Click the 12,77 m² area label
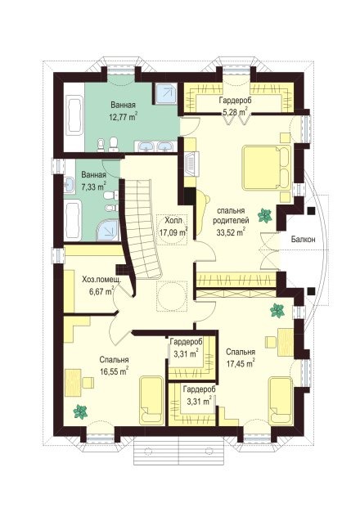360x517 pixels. point(123,117)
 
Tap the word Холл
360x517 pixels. point(172,220)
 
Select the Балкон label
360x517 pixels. point(303,240)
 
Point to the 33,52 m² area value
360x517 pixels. point(231,232)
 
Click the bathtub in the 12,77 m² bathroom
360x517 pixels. point(74,115)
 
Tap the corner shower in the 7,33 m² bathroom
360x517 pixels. point(107,230)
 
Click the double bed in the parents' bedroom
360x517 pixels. point(267,168)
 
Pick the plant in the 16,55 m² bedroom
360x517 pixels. point(80,411)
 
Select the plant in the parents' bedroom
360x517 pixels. point(264,216)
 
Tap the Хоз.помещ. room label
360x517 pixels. point(101,281)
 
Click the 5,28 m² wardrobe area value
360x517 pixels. point(235,112)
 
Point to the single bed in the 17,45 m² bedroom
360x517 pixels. point(281,401)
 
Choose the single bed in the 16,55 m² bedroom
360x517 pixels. point(151,400)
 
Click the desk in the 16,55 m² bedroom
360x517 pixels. point(73,383)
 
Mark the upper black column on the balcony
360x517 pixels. point(311,211)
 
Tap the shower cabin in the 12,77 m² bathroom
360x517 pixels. point(166,92)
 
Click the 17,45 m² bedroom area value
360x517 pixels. point(241,363)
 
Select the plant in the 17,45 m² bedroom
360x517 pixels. point(277,311)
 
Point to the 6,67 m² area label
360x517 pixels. point(101,291)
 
